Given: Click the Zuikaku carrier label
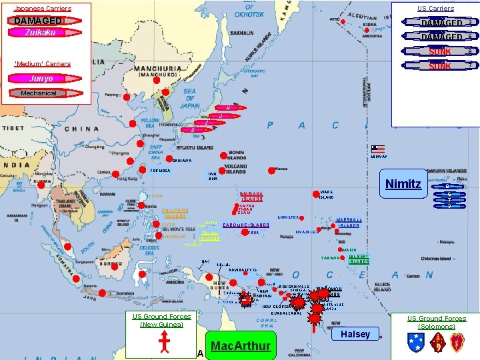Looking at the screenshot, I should [x=40, y=33].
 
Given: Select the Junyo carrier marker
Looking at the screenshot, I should [x=41, y=79].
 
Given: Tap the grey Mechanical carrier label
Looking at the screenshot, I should [x=39, y=93].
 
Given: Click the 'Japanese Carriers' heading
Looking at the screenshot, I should [x=43, y=9].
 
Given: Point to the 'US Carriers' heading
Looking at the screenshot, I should [x=435, y=9].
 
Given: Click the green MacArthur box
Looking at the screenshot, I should [x=240, y=346].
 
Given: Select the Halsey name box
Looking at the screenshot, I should [x=355, y=334].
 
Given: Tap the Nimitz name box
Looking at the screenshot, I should [x=403, y=183].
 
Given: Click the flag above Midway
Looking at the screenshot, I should [x=378, y=149].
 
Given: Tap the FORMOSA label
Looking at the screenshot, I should [x=161, y=171].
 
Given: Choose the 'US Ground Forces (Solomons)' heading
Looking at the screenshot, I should [x=437, y=323].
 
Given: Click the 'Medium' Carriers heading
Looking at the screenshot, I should [x=43, y=64].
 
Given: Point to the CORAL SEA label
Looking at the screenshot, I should [x=267, y=323].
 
